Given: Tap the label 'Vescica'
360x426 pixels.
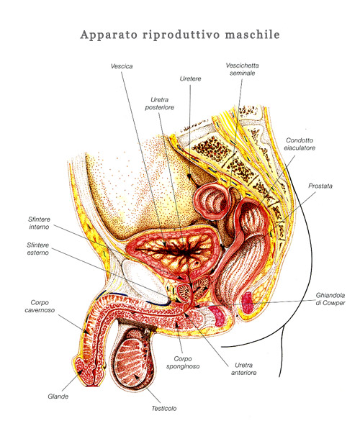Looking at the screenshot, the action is click(122, 66).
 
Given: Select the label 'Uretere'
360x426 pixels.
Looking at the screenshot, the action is click(190, 78).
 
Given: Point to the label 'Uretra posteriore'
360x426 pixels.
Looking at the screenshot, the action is click(159, 104).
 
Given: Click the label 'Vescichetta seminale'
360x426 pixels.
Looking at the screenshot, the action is click(242, 69).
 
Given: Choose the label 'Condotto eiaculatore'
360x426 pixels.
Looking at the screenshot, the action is click(300, 144).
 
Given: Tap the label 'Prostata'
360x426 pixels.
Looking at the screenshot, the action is click(320, 186).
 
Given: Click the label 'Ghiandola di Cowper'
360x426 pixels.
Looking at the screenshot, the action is click(330, 299).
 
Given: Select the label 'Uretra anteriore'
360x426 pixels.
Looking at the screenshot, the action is click(243, 368).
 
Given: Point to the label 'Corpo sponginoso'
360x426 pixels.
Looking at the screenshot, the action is click(183, 363).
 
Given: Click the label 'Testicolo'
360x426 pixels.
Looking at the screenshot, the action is click(164, 408).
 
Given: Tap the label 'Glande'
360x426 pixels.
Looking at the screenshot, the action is click(58, 396).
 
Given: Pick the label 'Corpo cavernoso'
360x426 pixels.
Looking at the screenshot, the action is click(40, 307).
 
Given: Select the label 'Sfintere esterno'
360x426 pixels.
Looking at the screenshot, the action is click(37, 249).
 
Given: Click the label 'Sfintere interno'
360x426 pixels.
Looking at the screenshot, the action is click(39, 223).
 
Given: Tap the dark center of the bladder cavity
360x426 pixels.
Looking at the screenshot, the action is click(185, 252).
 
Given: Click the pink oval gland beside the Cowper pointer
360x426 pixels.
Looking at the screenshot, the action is click(247, 302).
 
